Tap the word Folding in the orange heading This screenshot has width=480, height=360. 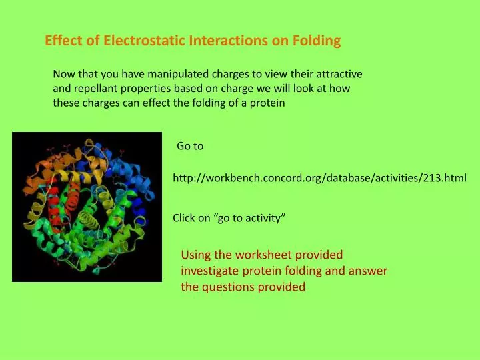pyautogui.click(x=316, y=41)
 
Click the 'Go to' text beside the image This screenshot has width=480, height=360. pyautogui.click(x=190, y=146)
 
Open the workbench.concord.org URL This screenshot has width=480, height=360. pyautogui.click(x=319, y=178)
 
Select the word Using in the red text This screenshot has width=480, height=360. pyautogui.click(x=195, y=255)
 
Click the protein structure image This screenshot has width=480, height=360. pyautogui.click(x=87, y=207)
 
